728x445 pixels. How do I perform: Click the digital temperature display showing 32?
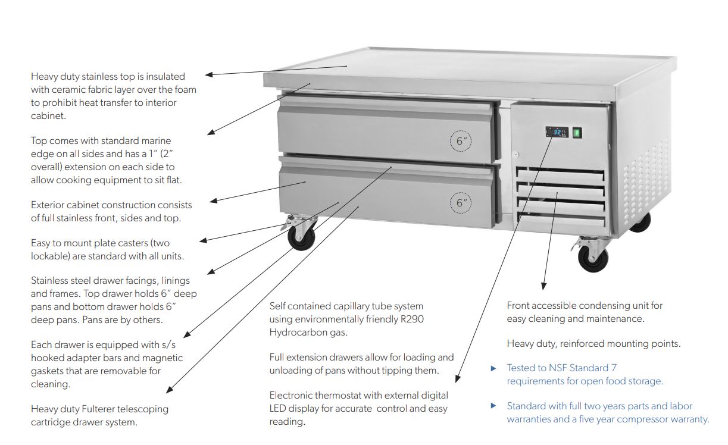coord(557,133)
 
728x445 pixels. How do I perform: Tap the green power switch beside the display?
coord(576,133)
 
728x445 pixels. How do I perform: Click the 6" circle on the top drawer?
coord(461,142)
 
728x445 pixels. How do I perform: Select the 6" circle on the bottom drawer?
coord(461,202)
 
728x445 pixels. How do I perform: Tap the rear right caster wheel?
coord(640,221)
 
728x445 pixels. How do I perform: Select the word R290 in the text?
coord(411,319)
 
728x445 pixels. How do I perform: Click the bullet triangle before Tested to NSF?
coord(493,368)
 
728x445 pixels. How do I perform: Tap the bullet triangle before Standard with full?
coord(493,406)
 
